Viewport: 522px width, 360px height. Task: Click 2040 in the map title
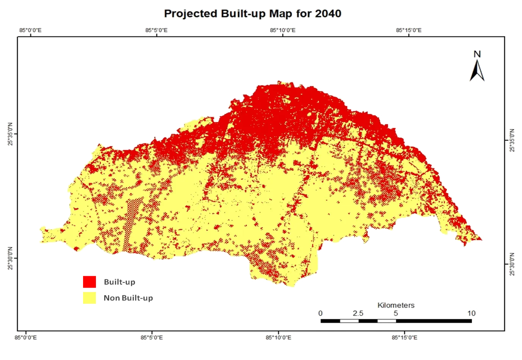(x=328, y=14)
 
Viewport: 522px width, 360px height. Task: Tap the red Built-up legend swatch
(x=89, y=282)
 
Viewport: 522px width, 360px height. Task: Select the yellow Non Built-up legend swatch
(x=89, y=298)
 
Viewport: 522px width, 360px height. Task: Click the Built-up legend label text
(x=119, y=282)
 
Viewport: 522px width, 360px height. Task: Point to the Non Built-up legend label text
(x=128, y=298)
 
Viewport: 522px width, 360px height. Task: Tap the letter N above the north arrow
(x=477, y=54)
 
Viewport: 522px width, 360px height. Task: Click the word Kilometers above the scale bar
(x=396, y=305)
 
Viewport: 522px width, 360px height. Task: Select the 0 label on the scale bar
(x=321, y=313)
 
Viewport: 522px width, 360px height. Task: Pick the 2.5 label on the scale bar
(x=357, y=313)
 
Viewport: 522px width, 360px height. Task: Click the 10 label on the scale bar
(x=471, y=313)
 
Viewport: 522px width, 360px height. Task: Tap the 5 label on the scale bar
(x=396, y=313)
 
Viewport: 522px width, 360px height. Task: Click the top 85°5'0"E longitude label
(x=157, y=30)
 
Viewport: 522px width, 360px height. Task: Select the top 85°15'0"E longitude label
(x=408, y=30)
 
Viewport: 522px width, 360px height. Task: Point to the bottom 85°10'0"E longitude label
(x=278, y=337)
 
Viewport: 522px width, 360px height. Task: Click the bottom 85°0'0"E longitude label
(x=26, y=337)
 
